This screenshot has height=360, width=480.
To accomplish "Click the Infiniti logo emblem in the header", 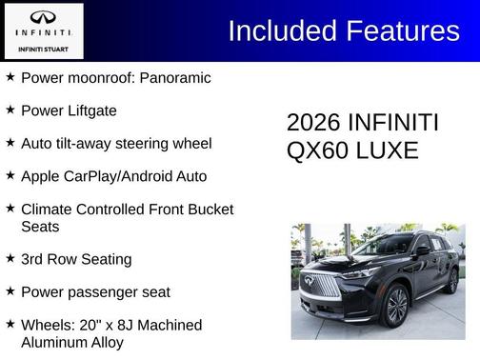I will click(43, 18).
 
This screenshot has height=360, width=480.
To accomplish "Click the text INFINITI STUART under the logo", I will click(43, 48).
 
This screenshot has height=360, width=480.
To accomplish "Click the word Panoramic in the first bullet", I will click(175, 78).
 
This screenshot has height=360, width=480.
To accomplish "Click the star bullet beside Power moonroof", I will click(10, 77).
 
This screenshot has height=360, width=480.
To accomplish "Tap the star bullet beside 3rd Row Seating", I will click(10, 258).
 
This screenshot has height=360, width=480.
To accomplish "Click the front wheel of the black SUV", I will click(395, 307).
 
